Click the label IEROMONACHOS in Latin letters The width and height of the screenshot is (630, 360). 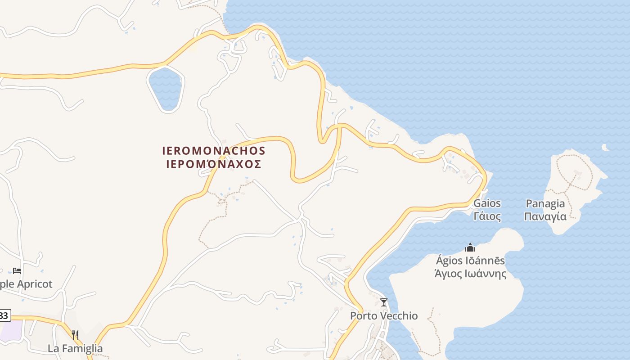(x=214, y=150)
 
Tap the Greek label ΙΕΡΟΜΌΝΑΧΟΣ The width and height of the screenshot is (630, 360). (x=214, y=164)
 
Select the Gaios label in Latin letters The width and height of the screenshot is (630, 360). (x=487, y=203)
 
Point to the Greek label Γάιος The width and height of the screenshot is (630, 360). (x=487, y=216)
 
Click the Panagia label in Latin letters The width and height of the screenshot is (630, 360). (x=544, y=203)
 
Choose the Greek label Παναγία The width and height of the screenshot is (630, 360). (x=545, y=216)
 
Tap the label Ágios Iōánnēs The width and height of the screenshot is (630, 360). (x=470, y=261)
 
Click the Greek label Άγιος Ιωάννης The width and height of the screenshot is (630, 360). (x=470, y=274)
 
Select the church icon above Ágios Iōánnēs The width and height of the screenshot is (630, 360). (x=470, y=247)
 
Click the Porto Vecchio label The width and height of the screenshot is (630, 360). (x=384, y=316)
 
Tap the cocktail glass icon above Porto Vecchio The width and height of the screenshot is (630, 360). (x=384, y=302)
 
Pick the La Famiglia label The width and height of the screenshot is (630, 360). (x=75, y=348)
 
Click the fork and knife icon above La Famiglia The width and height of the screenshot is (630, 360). (x=75, y=335)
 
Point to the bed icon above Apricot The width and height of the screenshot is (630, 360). (x=17, y=271)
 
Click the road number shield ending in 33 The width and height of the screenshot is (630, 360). (x=4, y=315)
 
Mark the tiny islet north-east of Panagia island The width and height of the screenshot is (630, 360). (x=606, y=147)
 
